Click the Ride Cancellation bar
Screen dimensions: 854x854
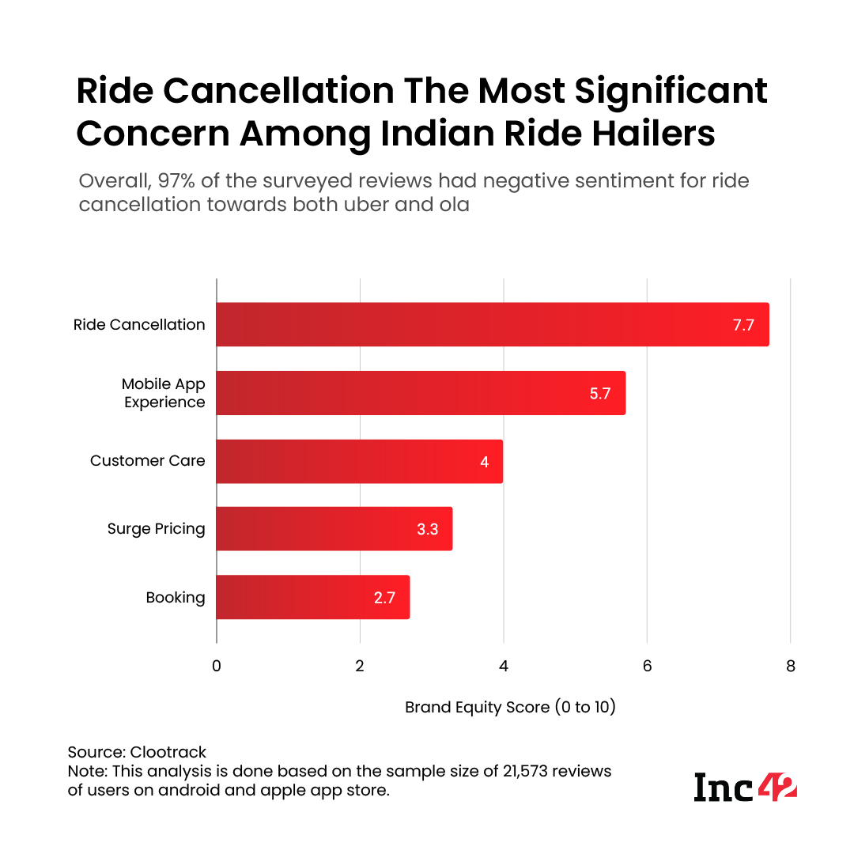[492, 324]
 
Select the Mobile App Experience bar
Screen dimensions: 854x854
[420, 393]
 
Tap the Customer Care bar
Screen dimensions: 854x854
[359, 461]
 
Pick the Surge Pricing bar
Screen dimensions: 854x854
[334, 529]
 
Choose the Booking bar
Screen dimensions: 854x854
[312, 597]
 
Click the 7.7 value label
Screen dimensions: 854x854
[743, 325]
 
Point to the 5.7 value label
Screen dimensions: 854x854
[600, 393]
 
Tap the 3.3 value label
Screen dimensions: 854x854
[428, 529]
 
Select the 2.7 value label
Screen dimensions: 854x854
[384, 597]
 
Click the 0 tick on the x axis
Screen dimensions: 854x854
[217, 666]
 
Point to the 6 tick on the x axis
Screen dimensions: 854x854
[647, 666]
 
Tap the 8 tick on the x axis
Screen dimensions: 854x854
[790, 666]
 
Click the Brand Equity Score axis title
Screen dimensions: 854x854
[510, 707]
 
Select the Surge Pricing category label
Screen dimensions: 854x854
[156, 529]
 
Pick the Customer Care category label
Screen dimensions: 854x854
[147, 461]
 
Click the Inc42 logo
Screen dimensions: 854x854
[745, 786]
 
